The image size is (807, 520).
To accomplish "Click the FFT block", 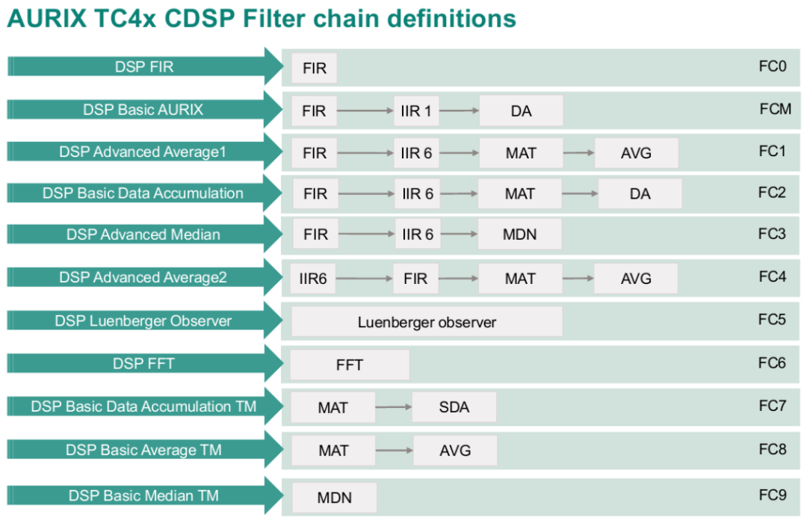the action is tap(350, 365).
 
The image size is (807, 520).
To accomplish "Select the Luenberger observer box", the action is tap(427, 322).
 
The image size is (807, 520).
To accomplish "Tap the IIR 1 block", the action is tap(416, 111).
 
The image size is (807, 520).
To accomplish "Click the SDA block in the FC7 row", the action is tap(454, 406).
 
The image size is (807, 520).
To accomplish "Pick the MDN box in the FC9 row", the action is tap(335, 498).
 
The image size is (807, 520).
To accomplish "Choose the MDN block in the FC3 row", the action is tap(520, 235).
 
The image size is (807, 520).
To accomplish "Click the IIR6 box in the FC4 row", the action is tap(313, 279).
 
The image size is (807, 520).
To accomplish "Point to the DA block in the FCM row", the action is tap(521, 111).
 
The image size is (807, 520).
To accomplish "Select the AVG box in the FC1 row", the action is tap(636, 153).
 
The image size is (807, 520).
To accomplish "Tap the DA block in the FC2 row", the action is tap(640, 194).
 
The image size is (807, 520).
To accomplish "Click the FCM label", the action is tap(775, 109).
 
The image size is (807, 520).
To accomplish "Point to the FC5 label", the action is tap(772, 319).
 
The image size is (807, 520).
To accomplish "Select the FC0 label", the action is tap(773, 66).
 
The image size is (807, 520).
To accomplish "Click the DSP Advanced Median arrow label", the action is tap(143, 235).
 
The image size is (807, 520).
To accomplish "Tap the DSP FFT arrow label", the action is tap(143, 364).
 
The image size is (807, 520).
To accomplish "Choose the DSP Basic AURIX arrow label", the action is tap(143, 110).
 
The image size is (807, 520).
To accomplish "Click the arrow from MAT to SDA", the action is tap(393, 406).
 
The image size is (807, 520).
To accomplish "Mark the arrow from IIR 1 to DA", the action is tap(459, 111).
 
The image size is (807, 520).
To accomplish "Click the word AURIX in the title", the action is tap(47, 19).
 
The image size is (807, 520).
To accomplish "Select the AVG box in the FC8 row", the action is tap(455, 451).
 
